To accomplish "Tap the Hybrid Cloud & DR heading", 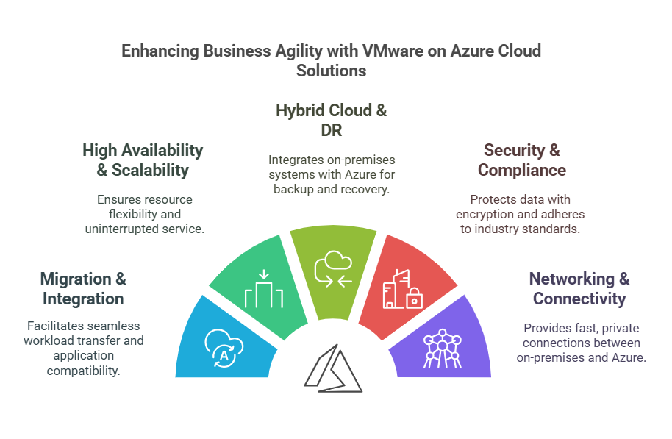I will click(331, 121).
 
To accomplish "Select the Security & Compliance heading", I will click(521, 160).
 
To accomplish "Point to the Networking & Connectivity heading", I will click(579, 288).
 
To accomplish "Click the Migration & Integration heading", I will click(83, 288).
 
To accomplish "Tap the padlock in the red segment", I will click(415, 298).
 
